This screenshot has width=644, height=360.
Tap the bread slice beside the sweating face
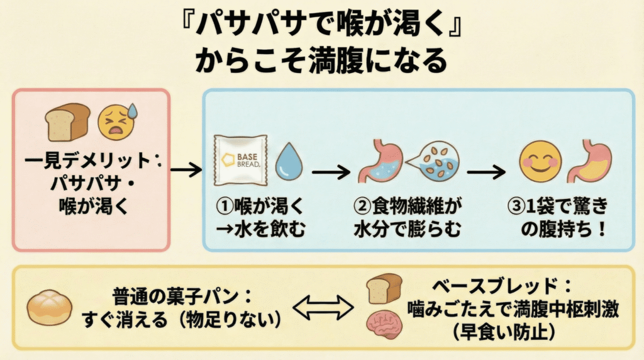point(68,121)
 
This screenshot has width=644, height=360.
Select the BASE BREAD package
point(240,160)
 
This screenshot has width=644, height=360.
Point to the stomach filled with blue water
point(379,162)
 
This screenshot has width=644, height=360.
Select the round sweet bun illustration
point(50,308)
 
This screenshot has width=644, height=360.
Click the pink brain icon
point(384,327)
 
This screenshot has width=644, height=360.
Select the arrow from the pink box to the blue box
point(186,169)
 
